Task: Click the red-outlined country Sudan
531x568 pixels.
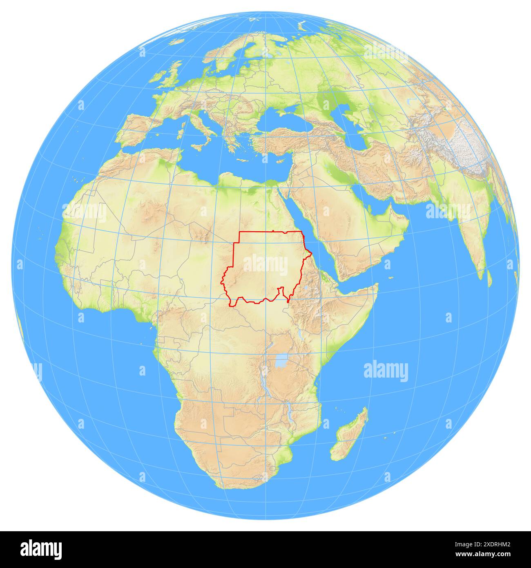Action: tap(265, 266)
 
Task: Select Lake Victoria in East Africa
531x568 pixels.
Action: tap(280, 361)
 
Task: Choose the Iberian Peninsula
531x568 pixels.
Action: tap(139, 129)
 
